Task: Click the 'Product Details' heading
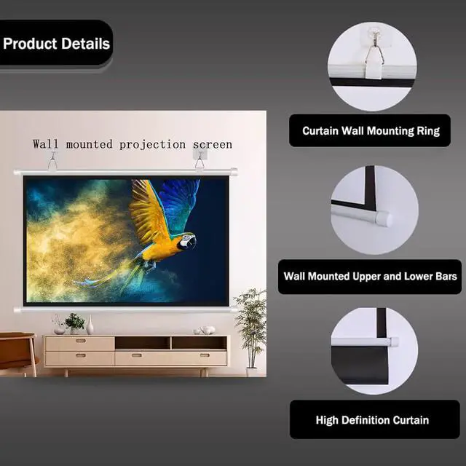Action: tap(57, 44)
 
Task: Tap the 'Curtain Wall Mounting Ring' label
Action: tap(371, 131)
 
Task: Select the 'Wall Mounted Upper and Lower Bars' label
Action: tap(370, 276)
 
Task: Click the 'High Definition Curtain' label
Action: tap(372, 420)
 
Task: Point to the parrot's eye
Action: tap(186, 239)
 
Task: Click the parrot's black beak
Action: tap(191, 242)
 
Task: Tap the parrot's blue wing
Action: tap(178, 202)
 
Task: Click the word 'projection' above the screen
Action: tap(152, 145)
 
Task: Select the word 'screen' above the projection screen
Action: tap(213, 145)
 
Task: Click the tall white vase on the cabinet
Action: tap(90, 325)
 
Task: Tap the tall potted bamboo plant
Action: tap(251, 330)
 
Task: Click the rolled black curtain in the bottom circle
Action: tap(360, 365)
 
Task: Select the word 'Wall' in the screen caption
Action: tap(45, 144)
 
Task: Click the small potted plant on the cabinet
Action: tap(74, 323)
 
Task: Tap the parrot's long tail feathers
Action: tap(113, 277)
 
